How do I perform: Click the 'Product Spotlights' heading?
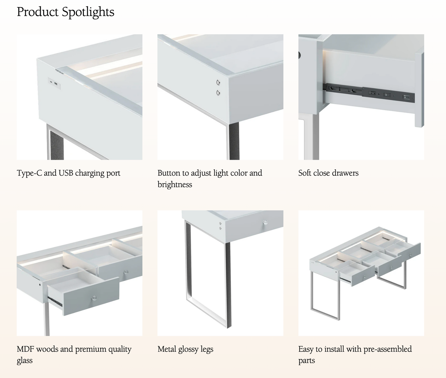[x=65, y=12]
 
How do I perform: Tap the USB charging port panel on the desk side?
[x=54, y=83]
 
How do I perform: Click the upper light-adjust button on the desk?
[x=218, y=83]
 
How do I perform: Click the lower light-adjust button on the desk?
[x=218, y=93]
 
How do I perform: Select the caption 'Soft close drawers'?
[x=328, y=173]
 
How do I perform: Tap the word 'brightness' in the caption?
[x=175, y=184]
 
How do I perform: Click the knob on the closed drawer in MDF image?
[x=126, y=272]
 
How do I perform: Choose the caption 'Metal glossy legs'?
[x=185, y=349]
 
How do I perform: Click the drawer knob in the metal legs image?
[x=265, y=222]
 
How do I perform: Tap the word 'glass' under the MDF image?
[x=25, y=360]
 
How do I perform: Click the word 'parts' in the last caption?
[x=306, y=360]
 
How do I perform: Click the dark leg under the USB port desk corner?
[x=57, y=146]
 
